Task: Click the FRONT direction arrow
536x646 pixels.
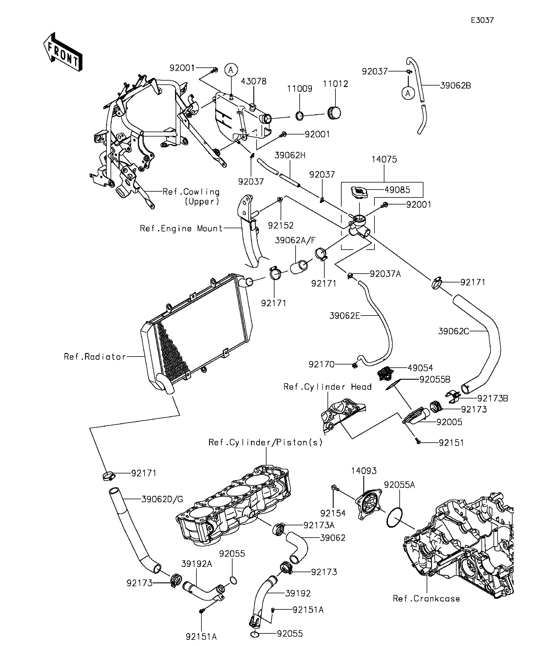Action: (x=63, y=52)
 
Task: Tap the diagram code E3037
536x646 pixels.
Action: (x=482, y=20)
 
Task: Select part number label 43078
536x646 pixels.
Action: (x=253, y=81)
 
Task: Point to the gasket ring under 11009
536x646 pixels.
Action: (x=300, y=116)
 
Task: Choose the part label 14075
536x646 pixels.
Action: (x=384, y=159)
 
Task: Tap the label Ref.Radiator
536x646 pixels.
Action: (x=95, y=357)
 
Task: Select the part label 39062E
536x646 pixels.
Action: (x=345, y=316)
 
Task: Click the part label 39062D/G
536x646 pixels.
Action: (x=162, y=499)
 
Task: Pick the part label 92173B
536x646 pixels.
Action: (x=493, y=398)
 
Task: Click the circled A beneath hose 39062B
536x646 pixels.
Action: (x=408, y=93)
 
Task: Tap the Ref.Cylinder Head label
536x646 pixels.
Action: (x=327, y=387)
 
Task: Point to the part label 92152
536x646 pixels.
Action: (x=281, y=225)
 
